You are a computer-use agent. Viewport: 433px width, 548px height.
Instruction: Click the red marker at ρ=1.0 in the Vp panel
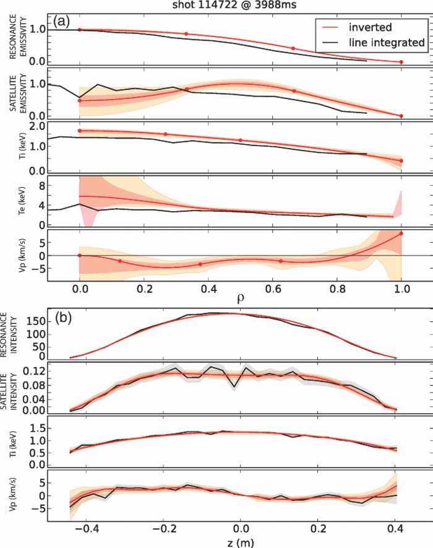[x=401, y=233]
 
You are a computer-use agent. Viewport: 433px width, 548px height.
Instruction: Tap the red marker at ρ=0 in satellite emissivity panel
[x=79, y=100]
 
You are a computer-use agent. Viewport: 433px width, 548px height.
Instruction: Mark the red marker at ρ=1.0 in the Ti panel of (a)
[x=401, y=161]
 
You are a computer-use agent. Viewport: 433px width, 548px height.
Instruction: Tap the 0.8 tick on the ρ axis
[x=337, y=289]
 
